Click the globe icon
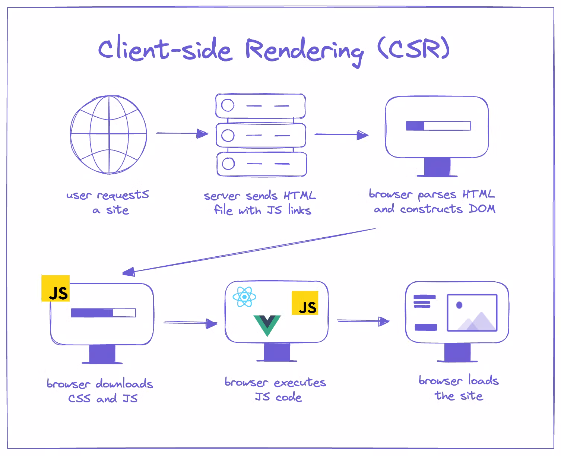(108, 134)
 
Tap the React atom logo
(244, 297)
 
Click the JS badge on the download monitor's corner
(56, 288)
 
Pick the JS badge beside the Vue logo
(305, 303)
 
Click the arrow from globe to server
(182, 133)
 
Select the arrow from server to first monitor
(341, 134)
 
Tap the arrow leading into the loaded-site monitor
(363, 321)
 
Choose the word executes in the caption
(300, 383)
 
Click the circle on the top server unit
(228, 105)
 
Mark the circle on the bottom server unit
(228, 163)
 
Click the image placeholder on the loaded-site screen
(472, 313)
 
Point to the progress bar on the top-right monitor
(438, 126)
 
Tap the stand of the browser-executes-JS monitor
(277, 352)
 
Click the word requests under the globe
(123, 195)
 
